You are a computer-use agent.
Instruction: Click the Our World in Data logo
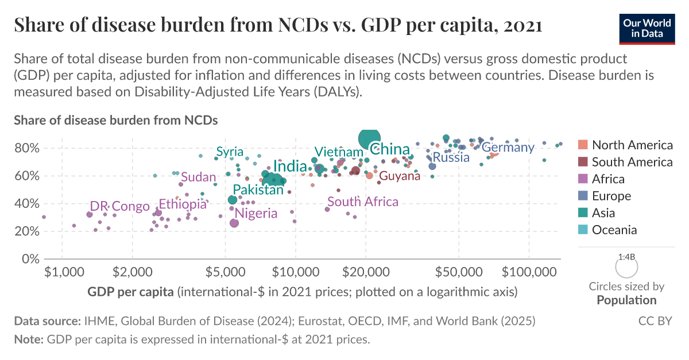pos(647,27)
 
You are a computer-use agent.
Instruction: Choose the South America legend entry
pos(632,162)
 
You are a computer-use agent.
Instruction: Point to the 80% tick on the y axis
pos(26,148)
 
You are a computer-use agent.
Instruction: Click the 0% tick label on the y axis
pos(29,259)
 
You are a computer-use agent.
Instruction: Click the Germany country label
pos(508,148)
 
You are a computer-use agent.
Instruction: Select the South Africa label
pos(362,202)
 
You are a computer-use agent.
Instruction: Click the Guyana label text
pos(400,176)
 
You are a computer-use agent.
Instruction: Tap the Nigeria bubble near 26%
pos(234,223)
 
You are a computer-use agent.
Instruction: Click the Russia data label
pos(451,157)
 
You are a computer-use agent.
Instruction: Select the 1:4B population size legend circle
pos(626,267)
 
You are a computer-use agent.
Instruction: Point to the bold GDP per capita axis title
pos(130,292)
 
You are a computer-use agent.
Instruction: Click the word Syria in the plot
pos(230,152)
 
